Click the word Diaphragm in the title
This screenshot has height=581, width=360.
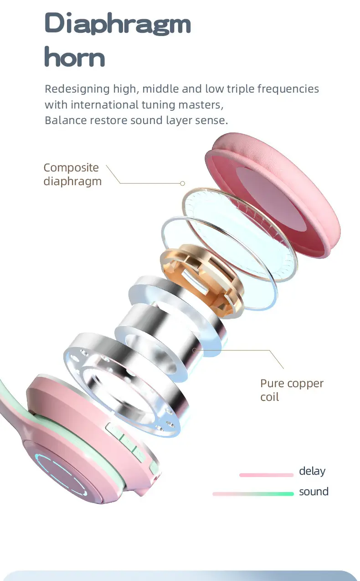(x=118, y=23)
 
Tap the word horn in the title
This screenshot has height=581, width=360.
(x=75, y=56)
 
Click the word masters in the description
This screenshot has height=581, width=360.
(x=201, y=105)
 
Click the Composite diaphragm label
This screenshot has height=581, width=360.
(x=72, y=174)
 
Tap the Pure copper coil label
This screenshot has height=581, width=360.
(x=292, y=390)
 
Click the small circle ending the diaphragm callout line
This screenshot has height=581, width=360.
(x=182, y=183)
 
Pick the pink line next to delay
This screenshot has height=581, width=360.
(x=266, y=475)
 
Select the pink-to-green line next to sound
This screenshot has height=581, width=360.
(x=253, y=494)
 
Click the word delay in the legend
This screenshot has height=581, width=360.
(x=312, y=471)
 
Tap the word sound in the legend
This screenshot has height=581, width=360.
(x=314, y=492)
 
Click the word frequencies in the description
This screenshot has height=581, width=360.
(x=288, y=89)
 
